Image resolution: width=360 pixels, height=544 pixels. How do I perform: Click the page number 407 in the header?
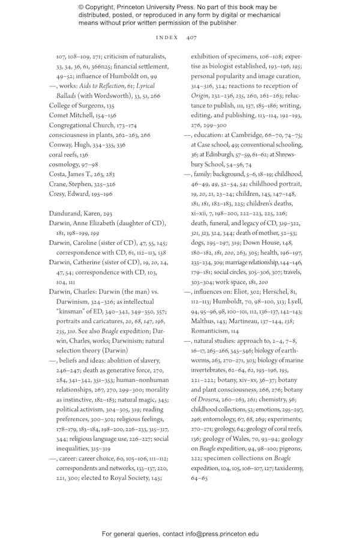point(191,37)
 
